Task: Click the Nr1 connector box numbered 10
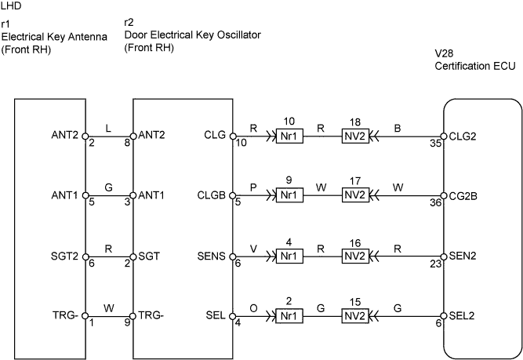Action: tap(289, 136)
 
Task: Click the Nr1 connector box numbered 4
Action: tap(289, 256)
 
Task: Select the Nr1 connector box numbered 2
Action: tap(289, 316)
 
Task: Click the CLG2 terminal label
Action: tap(463, 135)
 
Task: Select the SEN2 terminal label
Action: tap(463, 256)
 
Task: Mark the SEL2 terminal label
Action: tap(463, 316)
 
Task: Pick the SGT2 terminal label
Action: tap(64, 256)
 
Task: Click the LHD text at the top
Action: tap(12, 6)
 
